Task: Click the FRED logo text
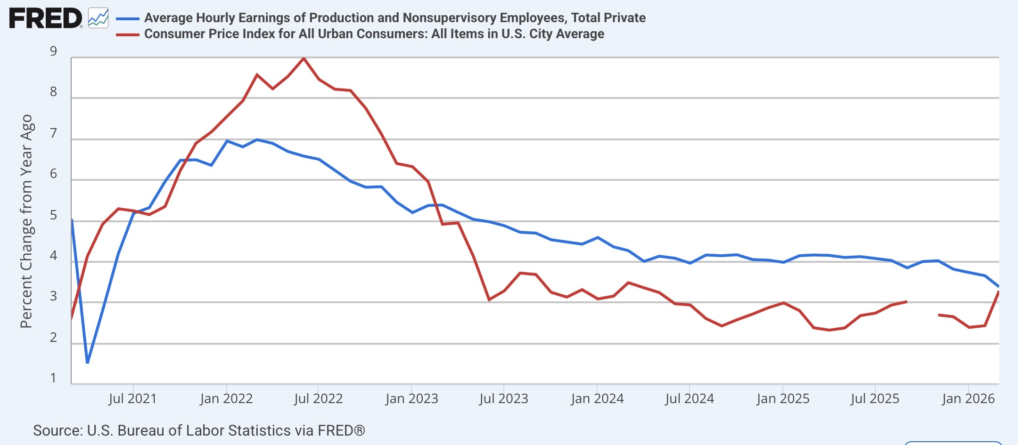point(45,18)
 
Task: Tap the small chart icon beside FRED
point(98,18)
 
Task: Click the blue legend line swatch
point(128,18)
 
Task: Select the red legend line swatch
point(128,34)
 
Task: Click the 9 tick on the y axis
point(53,51)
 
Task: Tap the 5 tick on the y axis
point(53,215)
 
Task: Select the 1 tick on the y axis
point(53,378)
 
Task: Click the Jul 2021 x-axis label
point(132,398)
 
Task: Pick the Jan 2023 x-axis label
point(411,398)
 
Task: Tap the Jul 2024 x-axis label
point(690,398)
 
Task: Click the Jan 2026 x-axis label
point(968,398)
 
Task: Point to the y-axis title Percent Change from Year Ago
point(26,221)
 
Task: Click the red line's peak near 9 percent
point(304,58)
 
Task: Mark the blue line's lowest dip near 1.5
point(87,362)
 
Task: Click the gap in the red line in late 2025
point(922,308)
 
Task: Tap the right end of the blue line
point(998,286)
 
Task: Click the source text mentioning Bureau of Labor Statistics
point(199,430)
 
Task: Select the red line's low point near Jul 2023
point(489,299)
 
